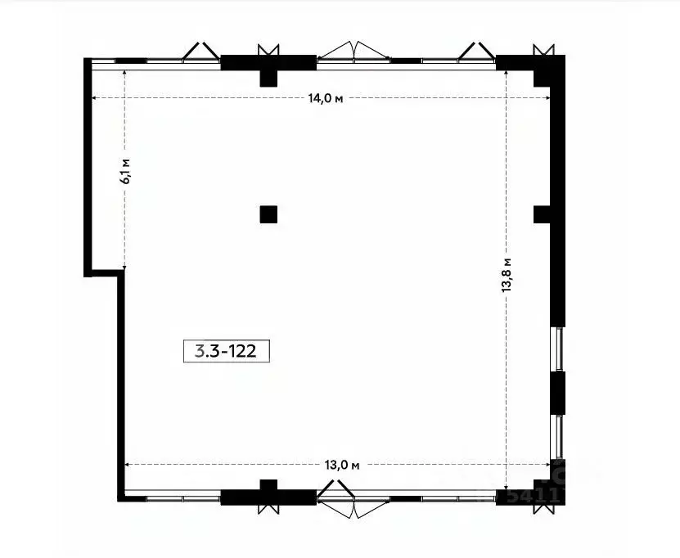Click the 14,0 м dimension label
(x=324, y=99)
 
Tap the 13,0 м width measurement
(x=342, y=465)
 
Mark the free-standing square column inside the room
(x=268, y=215)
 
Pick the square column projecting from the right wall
(x=542, y=214)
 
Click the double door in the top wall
(x=354, y=52)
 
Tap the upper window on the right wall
(x=560, y=349)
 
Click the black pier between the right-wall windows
(x=559, y=393)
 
